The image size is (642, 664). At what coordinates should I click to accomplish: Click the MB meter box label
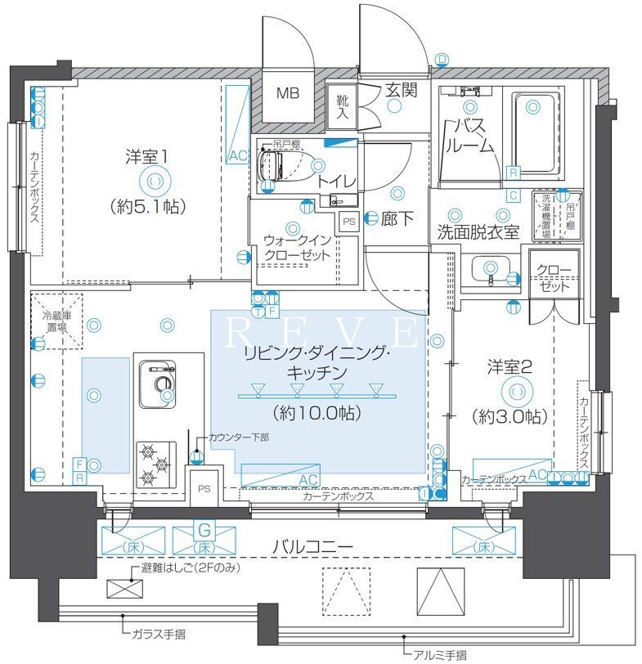pos(286,93)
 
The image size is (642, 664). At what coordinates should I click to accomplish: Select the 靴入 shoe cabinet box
pos(343,107)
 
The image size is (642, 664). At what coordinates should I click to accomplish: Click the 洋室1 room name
pos(146,155)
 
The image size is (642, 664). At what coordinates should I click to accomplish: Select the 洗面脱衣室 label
pos(478,231)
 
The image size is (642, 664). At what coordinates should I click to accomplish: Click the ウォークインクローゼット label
pos(298,247)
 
